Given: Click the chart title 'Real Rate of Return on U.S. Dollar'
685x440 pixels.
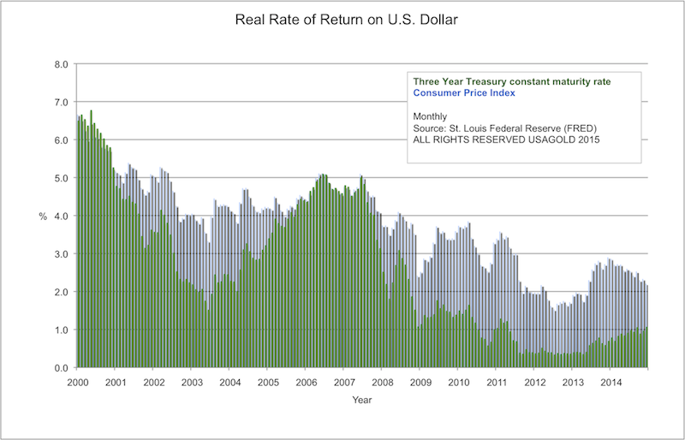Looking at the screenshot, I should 342,19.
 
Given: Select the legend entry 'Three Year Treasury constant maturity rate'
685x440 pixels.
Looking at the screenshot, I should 511,80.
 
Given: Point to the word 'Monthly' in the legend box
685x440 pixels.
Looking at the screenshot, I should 431,115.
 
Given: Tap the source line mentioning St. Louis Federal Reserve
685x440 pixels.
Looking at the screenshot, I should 500,127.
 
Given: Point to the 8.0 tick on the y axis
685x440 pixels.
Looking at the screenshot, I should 62,64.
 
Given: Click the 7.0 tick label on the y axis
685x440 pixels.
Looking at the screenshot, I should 62,102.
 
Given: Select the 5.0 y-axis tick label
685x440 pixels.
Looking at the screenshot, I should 62,178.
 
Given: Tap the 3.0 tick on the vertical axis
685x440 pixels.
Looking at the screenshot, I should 62,254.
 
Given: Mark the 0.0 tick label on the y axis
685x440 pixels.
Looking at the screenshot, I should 62,368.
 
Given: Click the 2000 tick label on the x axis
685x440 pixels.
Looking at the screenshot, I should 77,382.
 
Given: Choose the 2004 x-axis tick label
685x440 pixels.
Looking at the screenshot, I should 229,382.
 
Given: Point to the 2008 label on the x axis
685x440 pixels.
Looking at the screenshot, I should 382,382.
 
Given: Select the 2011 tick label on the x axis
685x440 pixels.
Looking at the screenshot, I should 497,382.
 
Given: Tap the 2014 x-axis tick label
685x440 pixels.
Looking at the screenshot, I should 611,382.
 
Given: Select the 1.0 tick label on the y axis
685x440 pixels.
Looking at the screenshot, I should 62,330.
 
